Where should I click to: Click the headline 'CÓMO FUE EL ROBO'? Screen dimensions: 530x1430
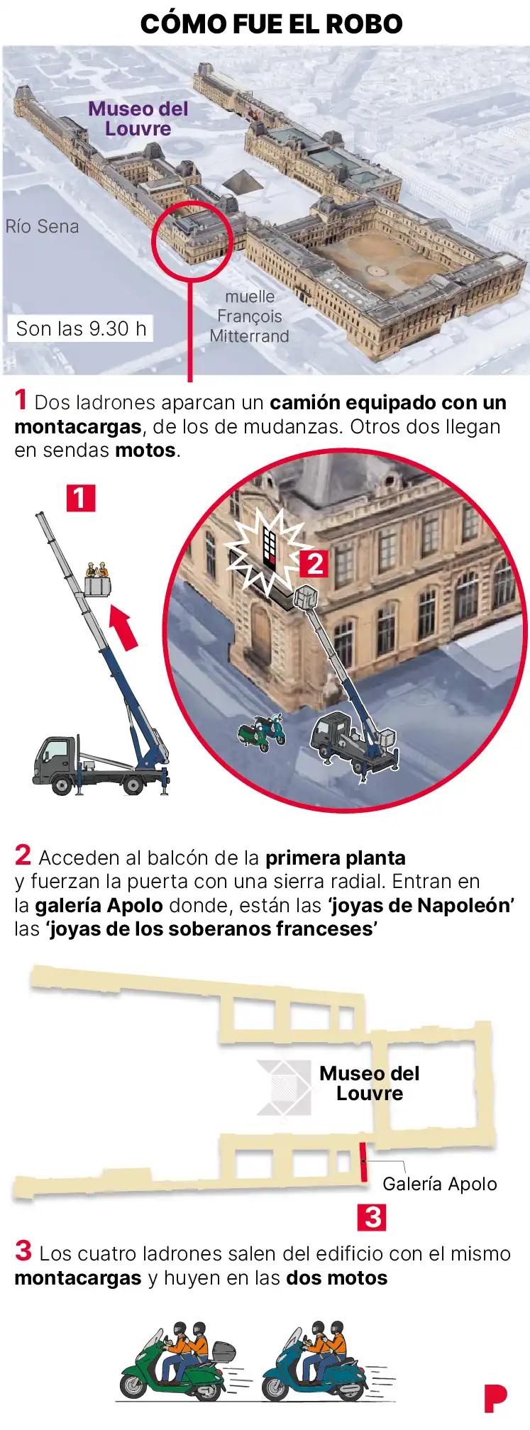click(271, 24)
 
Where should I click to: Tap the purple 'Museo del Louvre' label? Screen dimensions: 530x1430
click(138, 118)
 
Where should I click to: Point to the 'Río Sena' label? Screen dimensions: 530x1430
click(42, 226)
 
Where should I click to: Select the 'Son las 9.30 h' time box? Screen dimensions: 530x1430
click(81, 328)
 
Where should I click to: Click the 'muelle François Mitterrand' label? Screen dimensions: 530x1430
click(250, 316)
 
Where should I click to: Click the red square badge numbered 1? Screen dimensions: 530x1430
click(80, 498)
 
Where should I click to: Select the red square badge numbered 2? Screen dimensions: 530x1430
click(314, 564)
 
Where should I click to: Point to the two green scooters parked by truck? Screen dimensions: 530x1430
click(262, 731)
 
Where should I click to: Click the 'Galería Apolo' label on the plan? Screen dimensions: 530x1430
click(440, 1184)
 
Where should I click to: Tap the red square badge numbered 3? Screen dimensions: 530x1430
click(372, 1217)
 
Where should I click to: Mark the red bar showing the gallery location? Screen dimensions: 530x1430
click(363, 1162)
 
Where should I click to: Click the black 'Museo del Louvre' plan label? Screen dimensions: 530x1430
click(369, 1083)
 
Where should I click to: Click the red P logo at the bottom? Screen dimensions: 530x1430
click(495, 1398)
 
